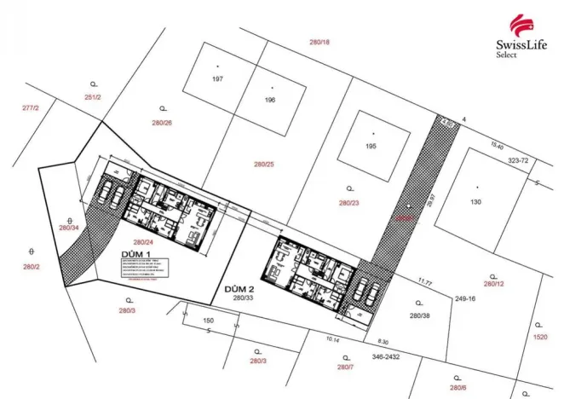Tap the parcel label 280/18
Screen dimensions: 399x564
point(319,42)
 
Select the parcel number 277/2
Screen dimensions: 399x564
point(31,108)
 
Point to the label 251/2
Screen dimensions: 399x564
point(93,98)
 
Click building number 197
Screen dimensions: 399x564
point(217,78)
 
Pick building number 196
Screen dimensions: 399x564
point(270,100)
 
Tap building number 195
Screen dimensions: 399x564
point(371,146)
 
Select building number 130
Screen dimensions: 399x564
point(475,201)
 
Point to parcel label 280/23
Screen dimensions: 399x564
point(349,203)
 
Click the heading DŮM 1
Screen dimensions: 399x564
point(137,253)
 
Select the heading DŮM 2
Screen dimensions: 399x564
point(240,288)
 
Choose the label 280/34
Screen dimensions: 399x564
point(69,228)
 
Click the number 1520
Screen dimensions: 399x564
point(540,338)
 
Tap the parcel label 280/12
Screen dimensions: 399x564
point(494,284)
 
